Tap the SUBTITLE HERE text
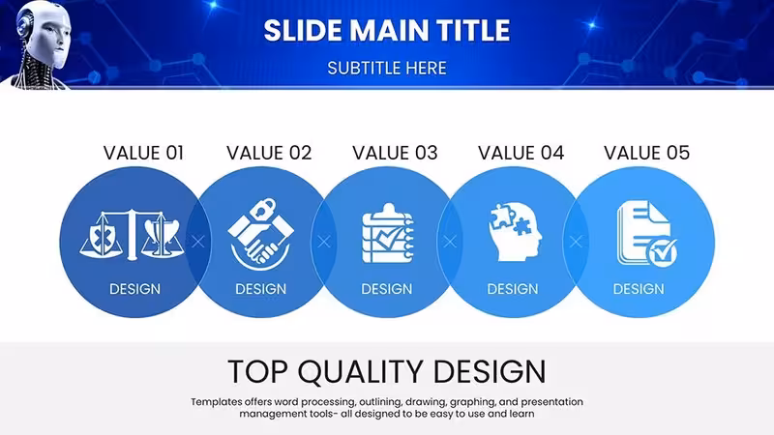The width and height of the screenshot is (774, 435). (387, 68)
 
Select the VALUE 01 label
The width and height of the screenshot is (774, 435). (143, 153)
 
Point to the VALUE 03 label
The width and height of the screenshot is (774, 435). (395, 153)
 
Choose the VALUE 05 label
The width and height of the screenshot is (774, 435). (646, 153)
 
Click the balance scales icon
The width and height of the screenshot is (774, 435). (132, 235)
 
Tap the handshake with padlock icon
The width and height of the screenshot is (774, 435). (260, 234)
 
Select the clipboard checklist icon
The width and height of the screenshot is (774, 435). (388, 233)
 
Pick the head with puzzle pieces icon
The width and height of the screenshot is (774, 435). (515, 232)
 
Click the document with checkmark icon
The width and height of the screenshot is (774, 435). (646, 234)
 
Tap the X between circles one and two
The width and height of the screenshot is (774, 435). (198, 242)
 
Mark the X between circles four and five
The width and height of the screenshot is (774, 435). (576, 242)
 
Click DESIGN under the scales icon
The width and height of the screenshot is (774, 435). (134, 289)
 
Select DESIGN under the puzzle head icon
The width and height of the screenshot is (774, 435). (513, 289)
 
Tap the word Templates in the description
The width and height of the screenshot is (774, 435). (216, 402)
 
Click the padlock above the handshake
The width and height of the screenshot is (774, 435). (264, 208)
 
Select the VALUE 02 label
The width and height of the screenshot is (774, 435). (269, 153)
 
